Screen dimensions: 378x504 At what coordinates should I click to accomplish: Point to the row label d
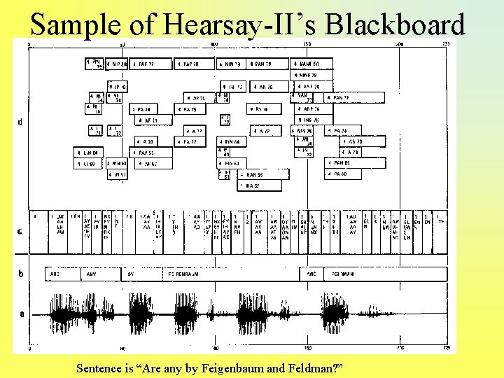click(20, 122)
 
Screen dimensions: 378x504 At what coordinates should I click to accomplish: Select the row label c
click(20, 232)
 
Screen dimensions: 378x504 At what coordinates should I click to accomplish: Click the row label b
click(20, 274)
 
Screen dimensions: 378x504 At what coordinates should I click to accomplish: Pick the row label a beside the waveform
click(21, 314)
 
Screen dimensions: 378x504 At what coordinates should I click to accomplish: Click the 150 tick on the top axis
click(307, 44)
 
